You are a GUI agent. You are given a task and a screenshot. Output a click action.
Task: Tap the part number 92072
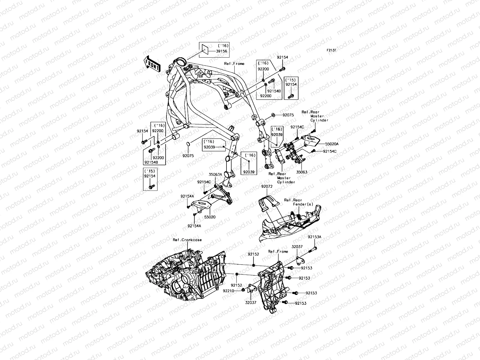[x=266, y=186]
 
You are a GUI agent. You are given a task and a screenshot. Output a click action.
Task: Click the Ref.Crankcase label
[x=187, y=240]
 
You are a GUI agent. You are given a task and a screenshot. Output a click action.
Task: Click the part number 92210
[x=229, y=291]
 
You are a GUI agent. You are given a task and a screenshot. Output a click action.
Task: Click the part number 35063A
[x=215, y=174]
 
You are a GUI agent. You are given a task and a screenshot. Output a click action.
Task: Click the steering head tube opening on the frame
[x=181, y=62]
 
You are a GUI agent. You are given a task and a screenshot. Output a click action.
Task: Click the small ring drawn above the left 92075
[x=188, y=145]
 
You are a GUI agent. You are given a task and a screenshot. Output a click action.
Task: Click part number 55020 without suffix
[x=210, y=217]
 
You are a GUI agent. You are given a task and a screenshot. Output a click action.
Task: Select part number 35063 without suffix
[x=301, y=172]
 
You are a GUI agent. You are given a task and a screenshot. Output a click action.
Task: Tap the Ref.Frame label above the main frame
[x=234, y=64]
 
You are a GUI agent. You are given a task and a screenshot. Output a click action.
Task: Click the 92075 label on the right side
[x=288, y=115]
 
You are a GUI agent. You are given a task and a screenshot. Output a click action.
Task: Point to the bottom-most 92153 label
[x=301, y=303]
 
